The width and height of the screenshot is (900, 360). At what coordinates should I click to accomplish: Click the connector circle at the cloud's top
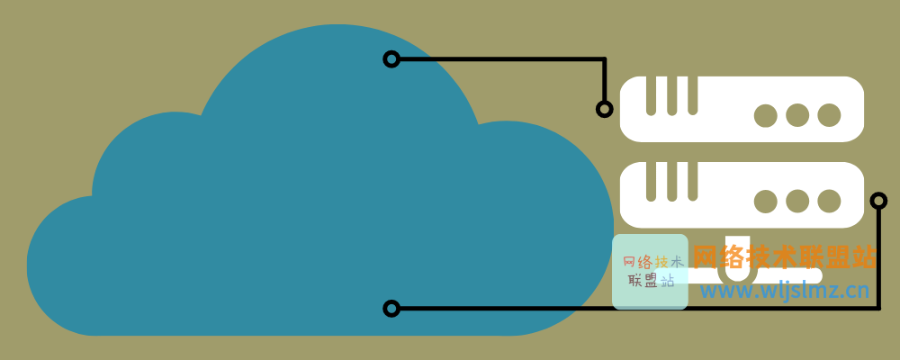point(391,59)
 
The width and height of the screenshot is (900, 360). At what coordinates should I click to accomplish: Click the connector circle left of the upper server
point(605,109)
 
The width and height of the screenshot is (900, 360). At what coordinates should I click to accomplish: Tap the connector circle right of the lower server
point(878,200)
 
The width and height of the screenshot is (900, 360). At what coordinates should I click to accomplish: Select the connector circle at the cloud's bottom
point(391,309)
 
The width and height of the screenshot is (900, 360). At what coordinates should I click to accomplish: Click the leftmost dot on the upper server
point(766,115)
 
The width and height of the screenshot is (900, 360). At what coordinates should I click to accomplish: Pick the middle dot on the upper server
point(797,115)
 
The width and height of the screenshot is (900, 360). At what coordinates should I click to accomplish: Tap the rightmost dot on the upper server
point(829,115)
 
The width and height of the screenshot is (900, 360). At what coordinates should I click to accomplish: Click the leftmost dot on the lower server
point(766,201)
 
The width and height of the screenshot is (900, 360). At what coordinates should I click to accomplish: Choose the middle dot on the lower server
point(797,201)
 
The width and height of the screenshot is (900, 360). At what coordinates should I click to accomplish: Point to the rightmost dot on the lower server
point(829,201)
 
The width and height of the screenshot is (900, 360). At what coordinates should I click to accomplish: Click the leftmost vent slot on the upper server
point(651,95)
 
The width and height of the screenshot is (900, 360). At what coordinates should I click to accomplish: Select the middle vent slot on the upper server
point(671,95)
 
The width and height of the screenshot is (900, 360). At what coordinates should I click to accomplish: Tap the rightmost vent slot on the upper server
point(692,95)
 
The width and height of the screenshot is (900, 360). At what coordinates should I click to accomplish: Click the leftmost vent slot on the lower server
point(651,181)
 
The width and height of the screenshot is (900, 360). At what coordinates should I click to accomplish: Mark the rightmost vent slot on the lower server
point(692,181)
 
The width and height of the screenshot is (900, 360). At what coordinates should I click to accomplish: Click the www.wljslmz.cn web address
point(784,290)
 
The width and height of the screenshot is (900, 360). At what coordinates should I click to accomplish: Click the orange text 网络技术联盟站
point(784,257)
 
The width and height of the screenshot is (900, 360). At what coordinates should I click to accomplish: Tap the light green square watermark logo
point(650,272)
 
